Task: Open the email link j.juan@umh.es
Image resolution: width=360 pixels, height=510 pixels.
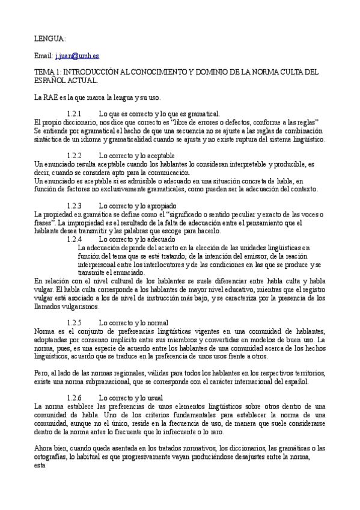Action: pyautogui.click(x=77, y=55)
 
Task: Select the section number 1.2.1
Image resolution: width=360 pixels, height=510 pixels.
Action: pyautogui.click(x=74, y=113)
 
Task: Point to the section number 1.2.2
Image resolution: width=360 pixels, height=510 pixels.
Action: pyautogui.click(x=74, y=155)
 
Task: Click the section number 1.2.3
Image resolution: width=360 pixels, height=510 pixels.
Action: pyautogui.click(x=74, y=205)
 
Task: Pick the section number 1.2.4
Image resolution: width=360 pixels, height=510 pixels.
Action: pyautogui.click(x=74, y=239)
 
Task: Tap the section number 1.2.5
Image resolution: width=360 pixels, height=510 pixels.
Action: pyautogui.click(x=74, y=322)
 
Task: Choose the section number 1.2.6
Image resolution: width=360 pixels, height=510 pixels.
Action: pyautogui.click(x=74, y=398)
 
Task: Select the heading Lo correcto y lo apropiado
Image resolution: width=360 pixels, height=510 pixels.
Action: pyautogui.click(x=137, y=205)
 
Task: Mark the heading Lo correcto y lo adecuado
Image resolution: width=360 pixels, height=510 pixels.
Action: pyautogui.click(x=136, y=239)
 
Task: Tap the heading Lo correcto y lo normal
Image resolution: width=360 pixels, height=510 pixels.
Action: pyautogui.click(x=133, y=322)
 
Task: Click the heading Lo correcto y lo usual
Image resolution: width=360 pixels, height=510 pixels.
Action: pyautogui.click(x=131, y=398)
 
